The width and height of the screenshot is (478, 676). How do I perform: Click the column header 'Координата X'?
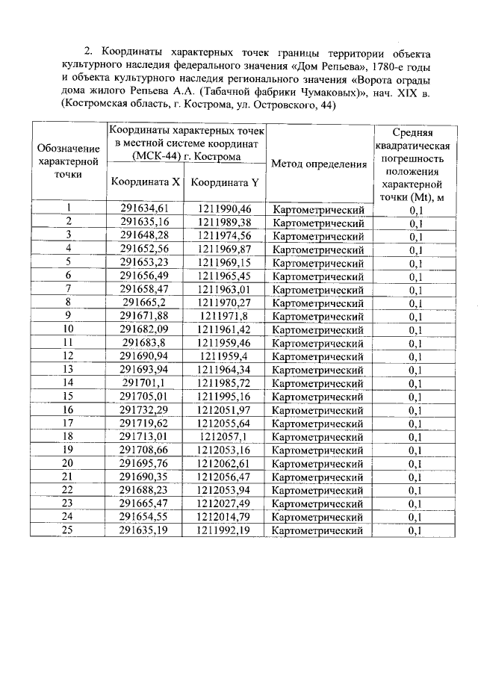pyautogui.click(x=145, y=182)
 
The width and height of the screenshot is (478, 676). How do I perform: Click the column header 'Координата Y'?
pyautogui.click(x=225, y=182)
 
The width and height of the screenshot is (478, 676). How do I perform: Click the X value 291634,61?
pyautogui.click(x=145, y=208)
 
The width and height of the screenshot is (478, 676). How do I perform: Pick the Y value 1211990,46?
pyautogui.click(x=225, y=208)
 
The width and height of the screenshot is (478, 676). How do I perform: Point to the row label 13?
pyautogui.click(x=68, y=369)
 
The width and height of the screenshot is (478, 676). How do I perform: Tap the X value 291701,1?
pyautogui.click(x=145, y=382)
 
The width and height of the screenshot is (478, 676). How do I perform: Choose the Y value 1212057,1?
pyautogui.click(x=225, y=436)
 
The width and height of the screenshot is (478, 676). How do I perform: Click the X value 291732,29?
pyautogui.click(x=145, y=409)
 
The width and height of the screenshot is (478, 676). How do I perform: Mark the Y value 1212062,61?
pyautogui.click(x=225, y=463)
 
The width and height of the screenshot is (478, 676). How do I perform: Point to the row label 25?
pyautogui.click(x=68, y=530)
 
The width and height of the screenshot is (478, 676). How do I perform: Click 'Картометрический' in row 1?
pyautogui.click(x=319, y=209)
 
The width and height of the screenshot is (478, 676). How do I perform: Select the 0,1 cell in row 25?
pyautogui.click(x=416, y=530)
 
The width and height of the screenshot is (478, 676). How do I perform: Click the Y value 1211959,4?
pyautogui.click(x=225, y=356)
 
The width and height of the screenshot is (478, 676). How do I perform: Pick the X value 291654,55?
pyautogui.click(x=145, y=517)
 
